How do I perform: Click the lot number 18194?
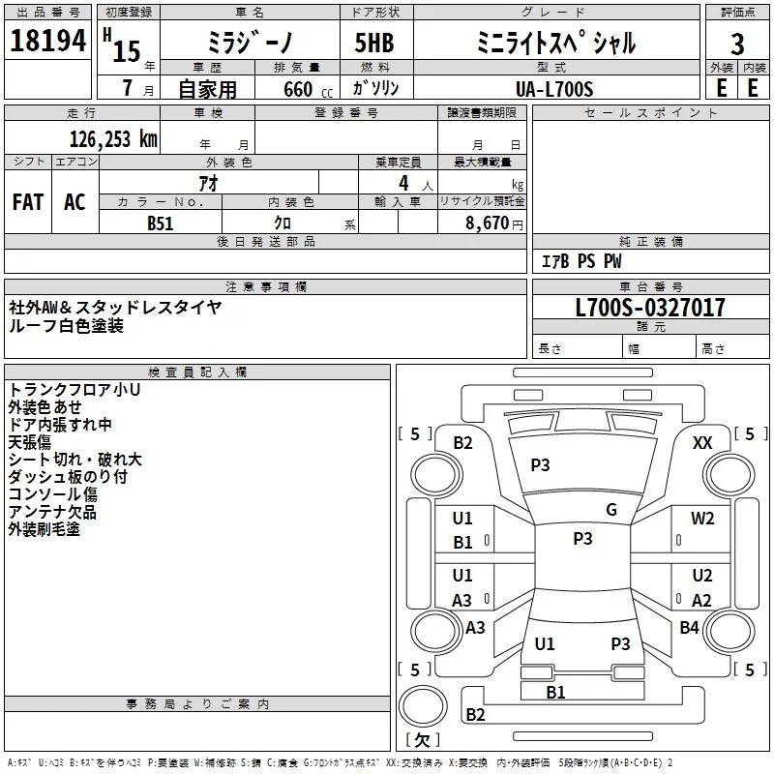coord(47,42)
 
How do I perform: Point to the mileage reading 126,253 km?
coord(112,138)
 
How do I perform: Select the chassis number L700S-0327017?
coord(649,308)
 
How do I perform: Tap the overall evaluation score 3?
coord(737,44)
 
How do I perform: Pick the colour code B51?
coord(161,222)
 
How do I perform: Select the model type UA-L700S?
coord(555,88)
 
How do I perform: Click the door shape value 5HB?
coord(367,44)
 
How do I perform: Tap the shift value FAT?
coord(28,201)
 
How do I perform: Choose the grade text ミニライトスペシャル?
coord(556,43)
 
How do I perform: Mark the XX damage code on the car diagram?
coord(703,442)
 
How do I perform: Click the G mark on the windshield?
coord(610,509)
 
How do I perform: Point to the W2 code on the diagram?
coord(702,519)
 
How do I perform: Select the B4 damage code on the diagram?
coord(689,628)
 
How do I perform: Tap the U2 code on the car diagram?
coord(702,576)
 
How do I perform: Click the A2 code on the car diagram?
coord(702,600)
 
